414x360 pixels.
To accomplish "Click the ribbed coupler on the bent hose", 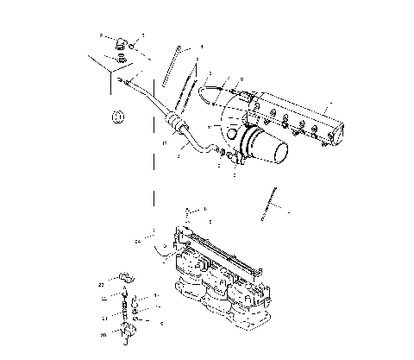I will [177, 122].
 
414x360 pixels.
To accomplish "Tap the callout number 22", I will [101, 283].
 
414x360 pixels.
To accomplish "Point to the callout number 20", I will [103, 333].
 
